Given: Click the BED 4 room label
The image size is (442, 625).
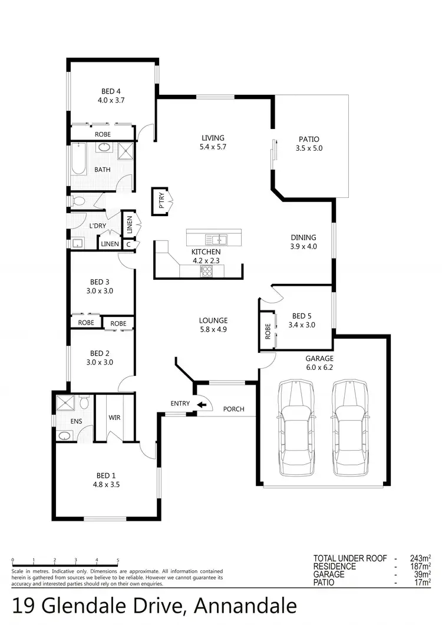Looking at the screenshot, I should coord(111,95).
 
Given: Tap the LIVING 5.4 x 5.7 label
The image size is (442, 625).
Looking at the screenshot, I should coord(213,143).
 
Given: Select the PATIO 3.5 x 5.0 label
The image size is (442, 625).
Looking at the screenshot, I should coord(309,144).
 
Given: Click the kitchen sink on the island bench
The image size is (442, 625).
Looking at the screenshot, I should coord(216,239).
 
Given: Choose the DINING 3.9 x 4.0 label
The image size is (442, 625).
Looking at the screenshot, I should coord(304,242).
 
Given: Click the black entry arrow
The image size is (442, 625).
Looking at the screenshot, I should coord(202,404).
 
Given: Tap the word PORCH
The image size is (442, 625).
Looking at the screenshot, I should coord(233,409).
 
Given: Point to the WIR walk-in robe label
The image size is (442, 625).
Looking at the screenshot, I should coord(114,418).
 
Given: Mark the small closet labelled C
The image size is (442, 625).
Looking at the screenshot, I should coord(128,244).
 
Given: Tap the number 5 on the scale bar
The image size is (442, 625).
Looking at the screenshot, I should coord(118,561).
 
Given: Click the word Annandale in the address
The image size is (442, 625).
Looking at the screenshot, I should coord(245,606).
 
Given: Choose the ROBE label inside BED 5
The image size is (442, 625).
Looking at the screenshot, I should coord(267,332).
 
